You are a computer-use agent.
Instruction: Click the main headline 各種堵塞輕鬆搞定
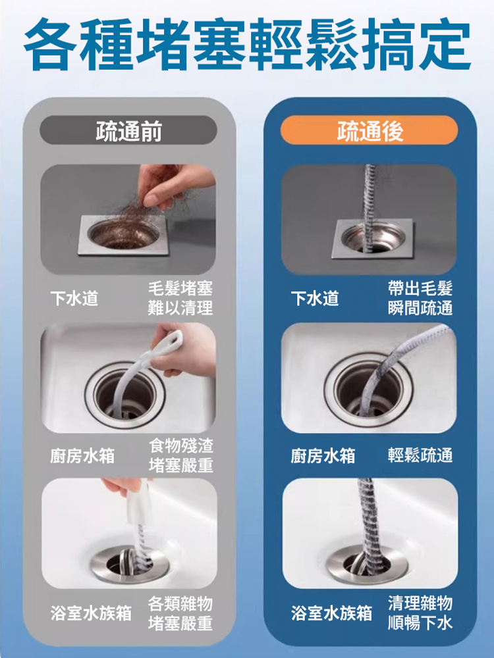247,46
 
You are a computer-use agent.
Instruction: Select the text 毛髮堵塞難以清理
180,299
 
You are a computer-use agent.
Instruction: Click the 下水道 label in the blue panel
315,299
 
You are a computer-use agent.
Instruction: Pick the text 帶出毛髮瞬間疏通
420,299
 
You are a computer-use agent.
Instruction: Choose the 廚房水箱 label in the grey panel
82,455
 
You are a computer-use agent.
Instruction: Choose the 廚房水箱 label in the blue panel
323,455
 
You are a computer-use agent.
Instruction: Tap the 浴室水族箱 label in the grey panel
91,613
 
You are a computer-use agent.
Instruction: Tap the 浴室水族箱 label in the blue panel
331,613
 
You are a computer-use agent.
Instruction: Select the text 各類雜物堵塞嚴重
180,613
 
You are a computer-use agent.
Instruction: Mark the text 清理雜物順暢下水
420,613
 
